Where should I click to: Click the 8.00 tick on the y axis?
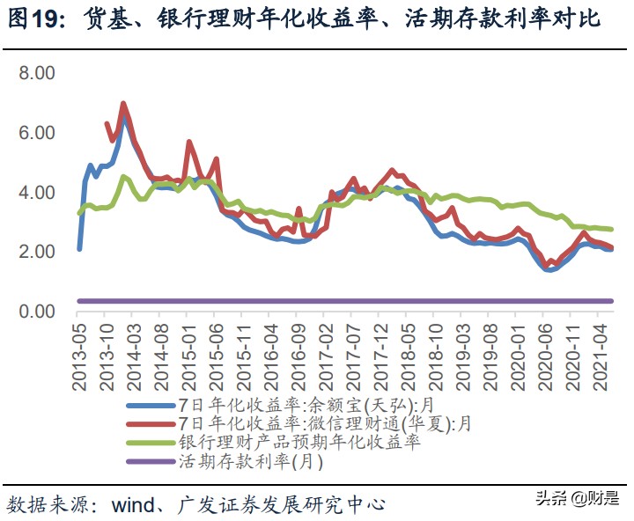[37, 72]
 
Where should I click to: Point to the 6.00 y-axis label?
[37, 132]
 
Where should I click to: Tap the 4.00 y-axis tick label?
[37, 192]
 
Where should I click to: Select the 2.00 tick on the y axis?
[37, 252]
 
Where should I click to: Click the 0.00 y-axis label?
[37, 312]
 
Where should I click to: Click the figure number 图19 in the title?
[33, 18]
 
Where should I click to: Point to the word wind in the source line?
[132, 504]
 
